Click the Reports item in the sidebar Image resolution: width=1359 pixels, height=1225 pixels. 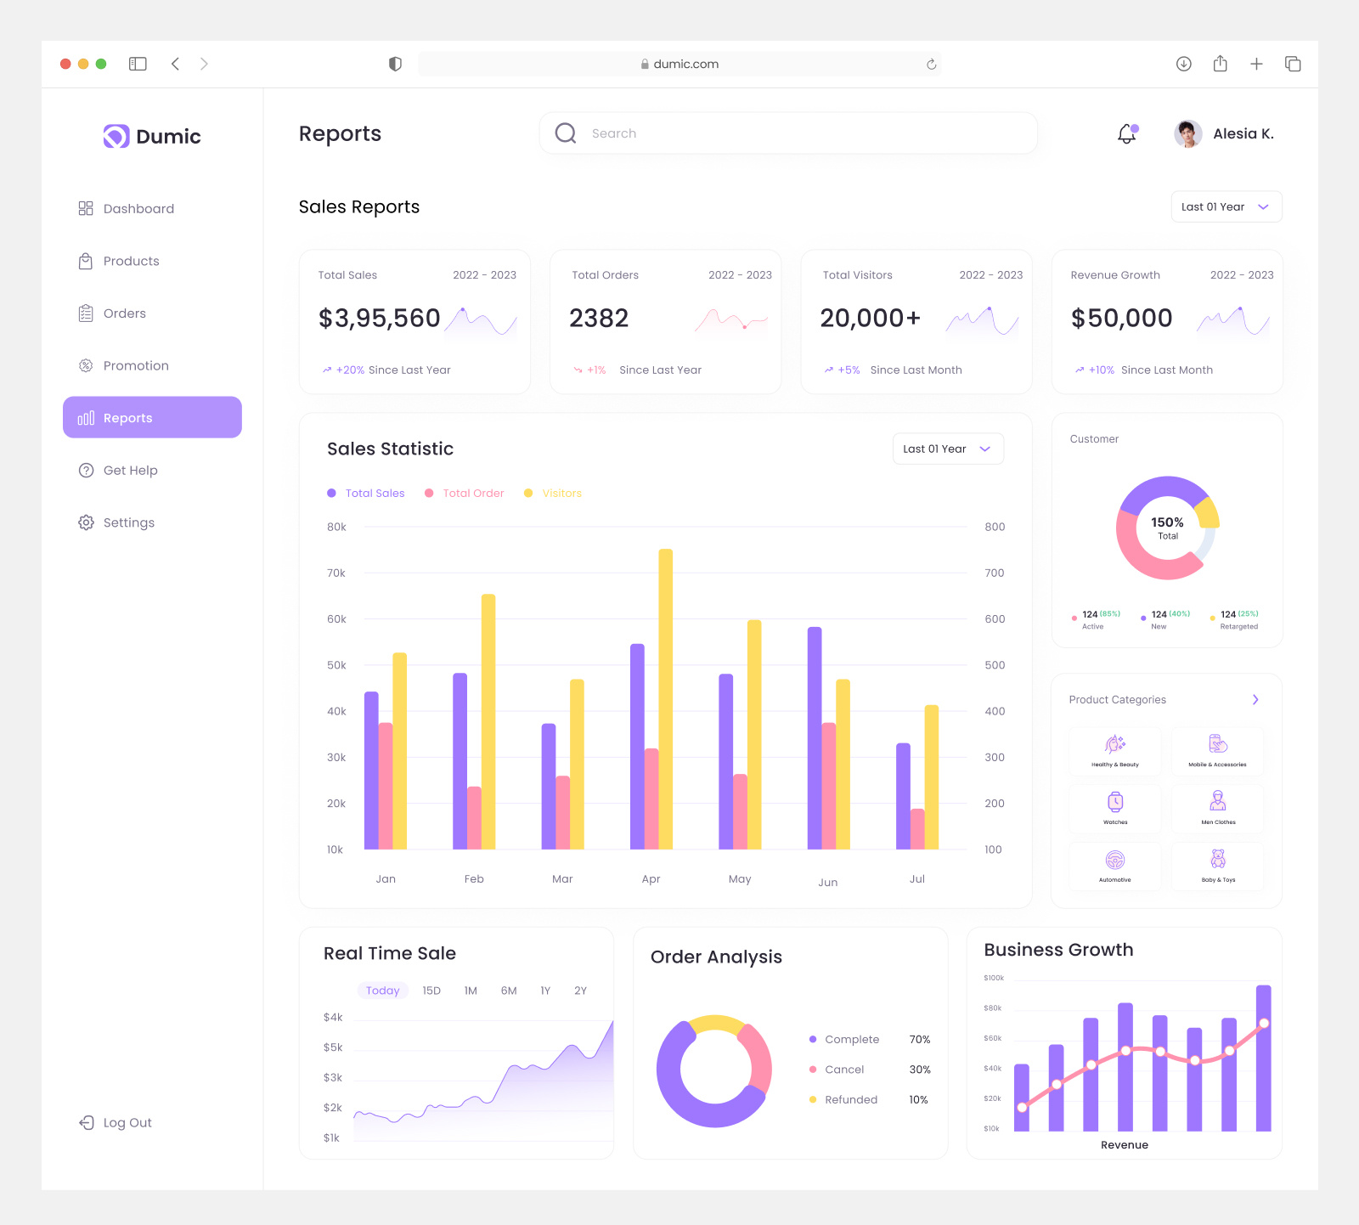point(152,417)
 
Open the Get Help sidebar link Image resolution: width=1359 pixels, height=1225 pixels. point(129,470)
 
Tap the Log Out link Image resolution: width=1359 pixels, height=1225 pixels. point(127,1122)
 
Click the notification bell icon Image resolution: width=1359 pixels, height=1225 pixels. point(1126,133)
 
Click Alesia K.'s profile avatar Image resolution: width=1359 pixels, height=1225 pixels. point(1187,133)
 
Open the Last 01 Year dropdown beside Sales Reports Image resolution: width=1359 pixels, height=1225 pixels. point(1226,206)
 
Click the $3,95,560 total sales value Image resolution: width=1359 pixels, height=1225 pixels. point(379,318)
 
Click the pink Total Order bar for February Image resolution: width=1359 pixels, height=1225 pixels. point(474,817)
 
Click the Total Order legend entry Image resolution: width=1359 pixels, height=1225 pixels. point(472,493)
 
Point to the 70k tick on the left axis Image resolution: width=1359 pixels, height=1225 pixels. point(336,573)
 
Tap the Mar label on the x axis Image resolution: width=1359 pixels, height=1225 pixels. point(562,878)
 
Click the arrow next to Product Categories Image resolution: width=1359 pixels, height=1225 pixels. point(1255,699)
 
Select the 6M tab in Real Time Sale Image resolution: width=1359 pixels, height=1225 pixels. point(508,991)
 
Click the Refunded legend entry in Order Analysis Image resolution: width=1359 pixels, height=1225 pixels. point(850,1099)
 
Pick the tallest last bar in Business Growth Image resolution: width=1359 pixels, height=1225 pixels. point(1263,1058)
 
